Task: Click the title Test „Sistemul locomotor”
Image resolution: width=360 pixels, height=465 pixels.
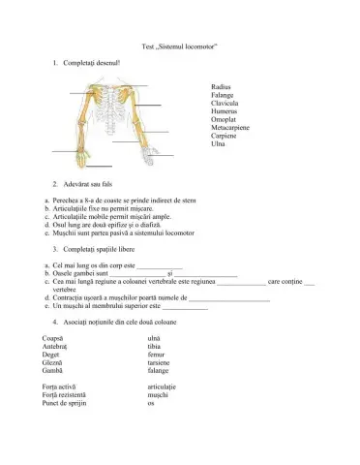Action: tap(179, 46)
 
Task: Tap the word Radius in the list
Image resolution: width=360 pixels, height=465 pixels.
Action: tap(220, 86)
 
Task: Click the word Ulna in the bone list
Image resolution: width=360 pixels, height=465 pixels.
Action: tap(217, 144)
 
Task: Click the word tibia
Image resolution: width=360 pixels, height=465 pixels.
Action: tap(154, 346)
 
